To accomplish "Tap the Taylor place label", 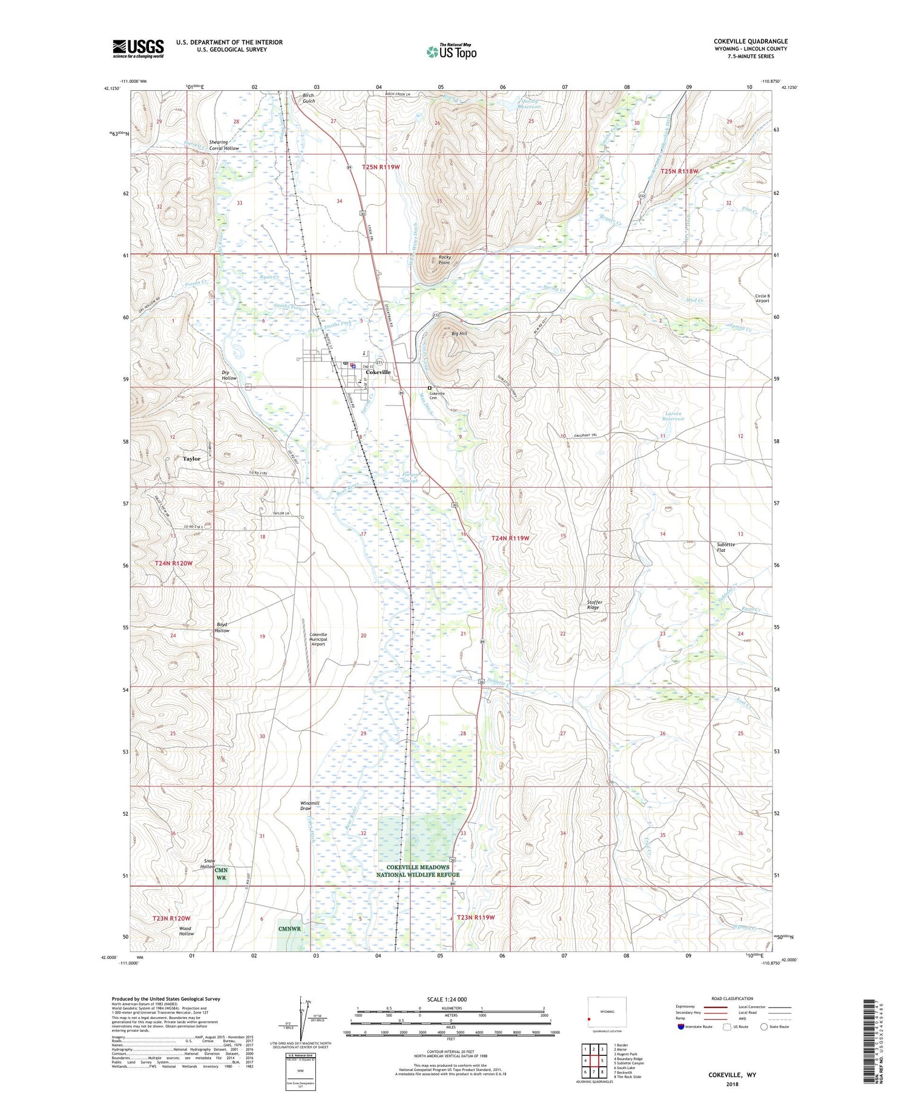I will click(191, 459).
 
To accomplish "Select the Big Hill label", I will click(459, 333).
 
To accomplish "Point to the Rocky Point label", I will click(444, 260).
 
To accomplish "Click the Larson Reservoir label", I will click(673, 416).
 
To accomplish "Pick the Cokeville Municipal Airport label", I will click(318, 639).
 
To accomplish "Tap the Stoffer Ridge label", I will click(594, 604).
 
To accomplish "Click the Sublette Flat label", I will click(725, 547).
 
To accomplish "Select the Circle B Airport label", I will click(762, 298).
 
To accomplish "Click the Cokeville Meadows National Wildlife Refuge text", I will click(418, 871).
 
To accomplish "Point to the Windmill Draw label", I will click(309, 805).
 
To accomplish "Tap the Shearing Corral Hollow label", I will click(224, 145).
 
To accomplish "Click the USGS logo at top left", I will click(138, 48).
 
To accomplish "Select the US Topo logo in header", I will click(452, 51).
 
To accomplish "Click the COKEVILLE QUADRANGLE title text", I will click(751, 42).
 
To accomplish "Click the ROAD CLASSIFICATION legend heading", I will click(732, 998).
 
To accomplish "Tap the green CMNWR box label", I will click(289, 928).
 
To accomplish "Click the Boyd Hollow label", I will click(222, 627).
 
